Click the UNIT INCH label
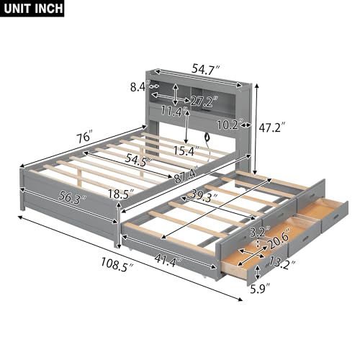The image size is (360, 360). (32, 9)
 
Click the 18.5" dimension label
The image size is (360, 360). (135, 194)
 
